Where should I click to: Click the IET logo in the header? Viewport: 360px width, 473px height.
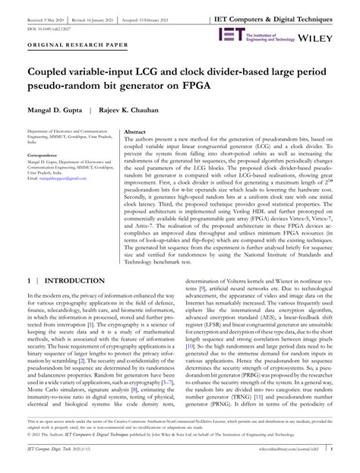(x=230, y=34)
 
